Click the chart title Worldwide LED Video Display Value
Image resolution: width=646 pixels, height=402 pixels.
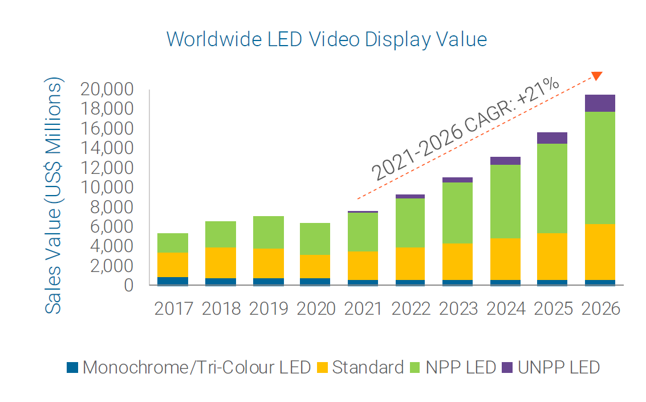[x=327, y=39]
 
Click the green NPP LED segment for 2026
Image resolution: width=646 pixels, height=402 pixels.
[x=600, y=168]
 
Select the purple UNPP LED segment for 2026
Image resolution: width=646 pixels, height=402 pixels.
[x=600, y=103]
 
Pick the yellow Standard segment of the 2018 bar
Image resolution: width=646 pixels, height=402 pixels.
[x=220, y=262]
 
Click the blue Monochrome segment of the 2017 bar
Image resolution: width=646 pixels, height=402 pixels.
[x=173, y=281]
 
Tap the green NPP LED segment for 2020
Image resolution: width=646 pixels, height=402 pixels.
[x=315, y=239]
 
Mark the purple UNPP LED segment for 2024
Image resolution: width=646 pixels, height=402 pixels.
[x=505, y=161]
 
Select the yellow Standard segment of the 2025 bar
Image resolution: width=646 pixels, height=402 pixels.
[x=552, y=257]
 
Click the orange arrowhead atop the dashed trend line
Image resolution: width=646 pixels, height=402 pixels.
[x=597, y=76]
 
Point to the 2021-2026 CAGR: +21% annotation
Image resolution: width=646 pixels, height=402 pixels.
[x=465, y=128]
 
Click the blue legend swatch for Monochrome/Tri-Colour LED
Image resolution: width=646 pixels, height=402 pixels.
[x=72, y=367]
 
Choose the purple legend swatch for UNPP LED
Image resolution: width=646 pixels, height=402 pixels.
[x=507, y=367]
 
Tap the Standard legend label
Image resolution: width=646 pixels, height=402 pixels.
[x=368, y=367]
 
